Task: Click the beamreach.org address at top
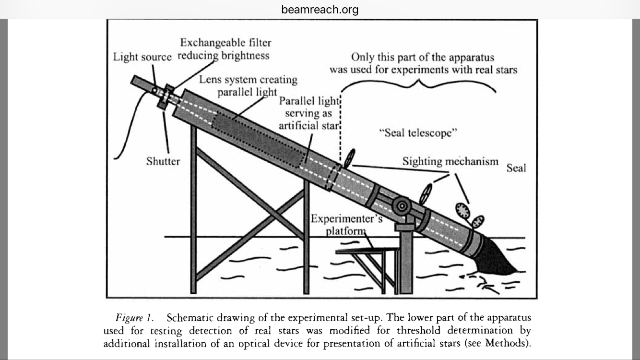320,10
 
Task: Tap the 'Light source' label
142,57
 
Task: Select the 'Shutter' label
163,161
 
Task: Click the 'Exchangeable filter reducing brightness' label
224,49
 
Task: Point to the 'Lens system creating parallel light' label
248,85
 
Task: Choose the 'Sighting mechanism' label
450,161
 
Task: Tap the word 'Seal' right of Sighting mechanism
516,168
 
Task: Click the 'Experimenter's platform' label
346,225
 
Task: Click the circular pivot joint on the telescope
401,206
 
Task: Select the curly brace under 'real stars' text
417,86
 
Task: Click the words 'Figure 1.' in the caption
134,318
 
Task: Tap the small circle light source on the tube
154,90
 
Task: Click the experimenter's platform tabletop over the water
367,250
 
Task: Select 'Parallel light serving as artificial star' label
309,113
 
